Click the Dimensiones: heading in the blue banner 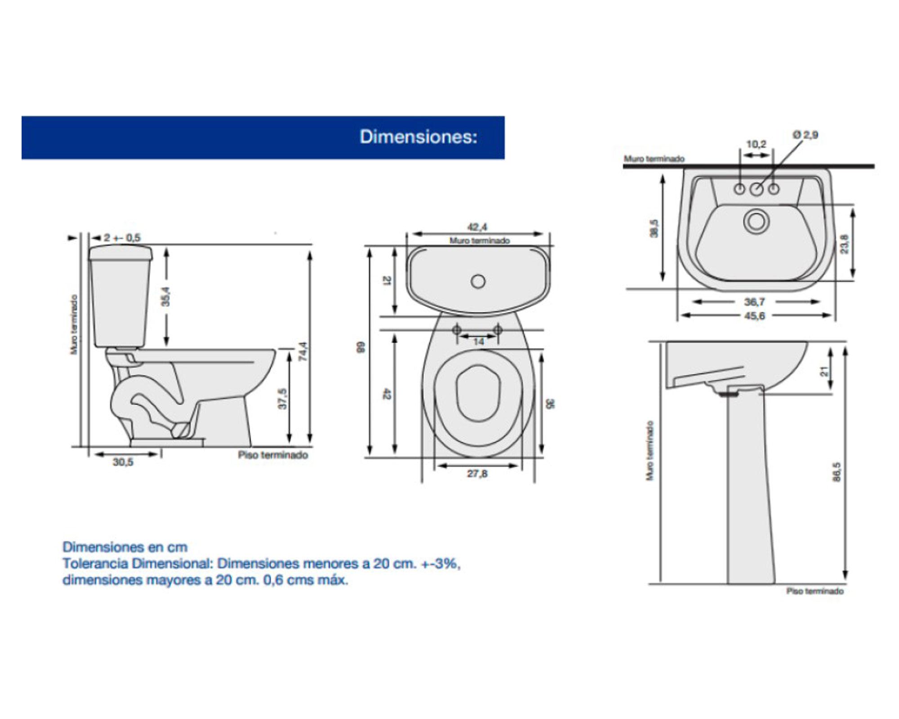pos(418,137)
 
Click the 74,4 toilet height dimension pos(303,351)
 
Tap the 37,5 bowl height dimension pos(282,398)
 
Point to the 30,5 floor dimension pos(123,462)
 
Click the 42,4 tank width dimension pos(477,227)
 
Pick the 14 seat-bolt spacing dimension pos(478,342)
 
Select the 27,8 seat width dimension pos(477,474)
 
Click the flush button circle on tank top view pos(478,282)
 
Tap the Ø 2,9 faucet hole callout pos(805,135)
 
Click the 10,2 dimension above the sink pos(756,144)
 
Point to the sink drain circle pos(756,222)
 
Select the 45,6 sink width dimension pos(754,316)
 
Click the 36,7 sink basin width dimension pos(754,302)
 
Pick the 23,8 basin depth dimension pos(845,244)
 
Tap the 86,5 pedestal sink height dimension pos(836,472)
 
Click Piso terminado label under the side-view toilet pos(273,455)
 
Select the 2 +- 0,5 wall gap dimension pos(122,238)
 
